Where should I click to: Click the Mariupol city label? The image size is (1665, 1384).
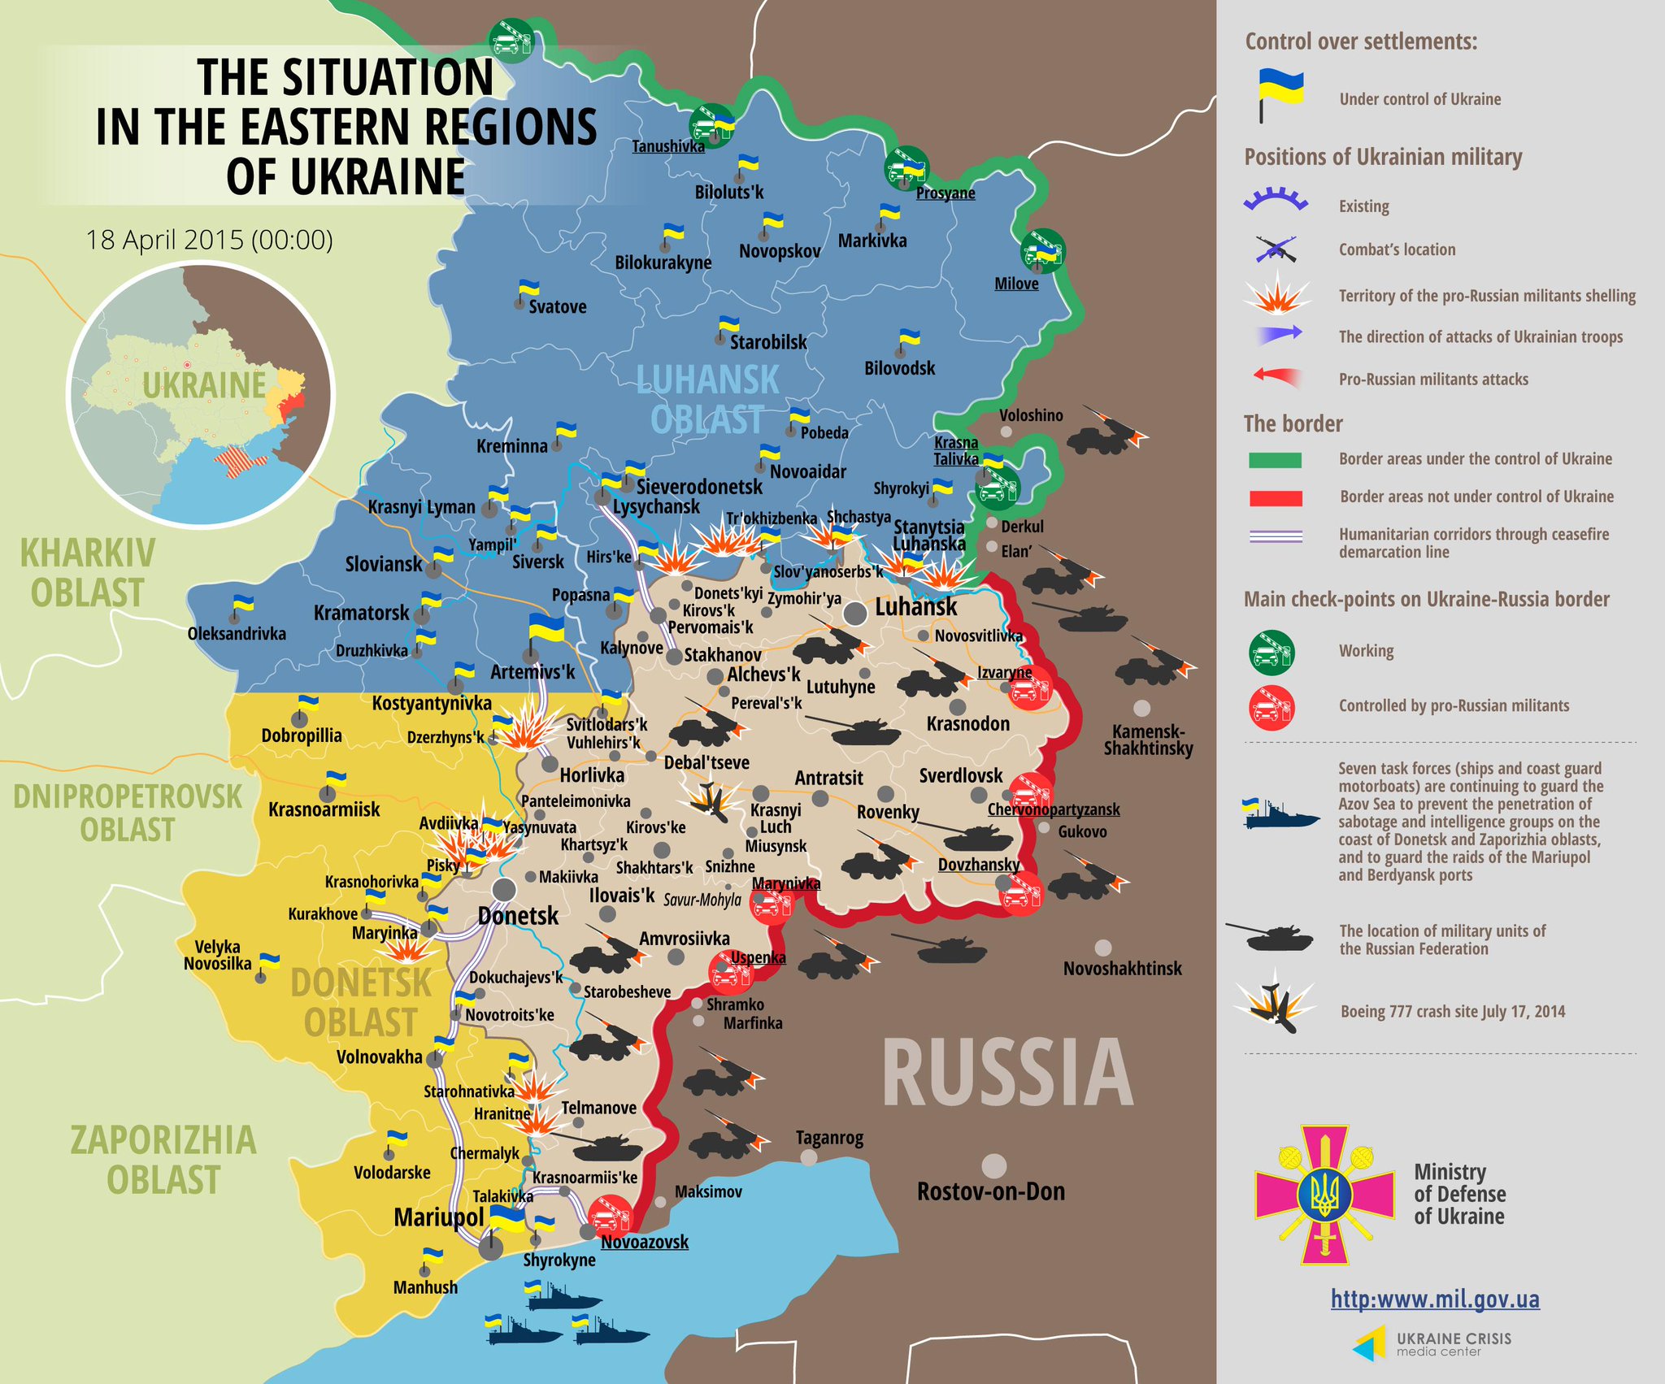pyautogui.click(x=438, y=1217)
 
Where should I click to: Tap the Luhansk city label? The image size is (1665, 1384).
pyautogui.click(x=915, y=607)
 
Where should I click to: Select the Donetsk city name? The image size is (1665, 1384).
pyautogui.click(x=518, y=916)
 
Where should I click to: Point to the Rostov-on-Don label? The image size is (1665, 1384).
pyautogui.click(x=990, y=1191)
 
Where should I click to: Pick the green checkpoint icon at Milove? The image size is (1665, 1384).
pyautogui.click(x=1042, y=251)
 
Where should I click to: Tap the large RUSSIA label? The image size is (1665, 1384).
pyautogui.click(x=1007, y=1074)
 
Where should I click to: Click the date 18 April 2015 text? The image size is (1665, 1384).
pyautogui.click(x=210, y=240)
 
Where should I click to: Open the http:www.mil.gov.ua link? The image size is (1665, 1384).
pyautogui.click(x=1435, y=1299)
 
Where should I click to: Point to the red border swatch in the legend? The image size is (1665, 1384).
pyautogui.click(x=1276, y=498)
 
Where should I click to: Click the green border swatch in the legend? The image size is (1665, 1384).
pyautogui.click(x=1275, y=460)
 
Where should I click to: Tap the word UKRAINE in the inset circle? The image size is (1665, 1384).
pyautogui.click(x=204, y=385)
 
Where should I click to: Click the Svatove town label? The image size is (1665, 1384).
pyautogui.click(x=557, y=306)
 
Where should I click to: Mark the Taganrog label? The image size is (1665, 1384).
pyautogui.click(x=829, y=1138)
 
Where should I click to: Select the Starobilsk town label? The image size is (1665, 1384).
pyautogui.click(x=767, y=342)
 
